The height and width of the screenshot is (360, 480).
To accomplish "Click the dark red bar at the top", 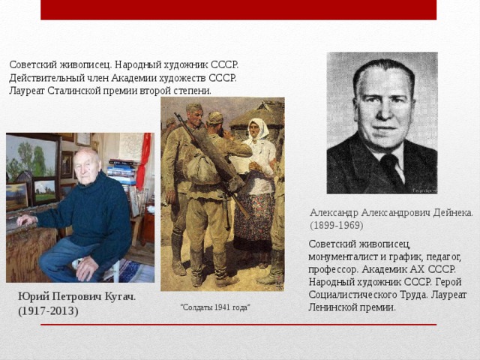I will tap(238, 10).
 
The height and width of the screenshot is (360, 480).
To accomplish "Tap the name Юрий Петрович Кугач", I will tap(77, 297).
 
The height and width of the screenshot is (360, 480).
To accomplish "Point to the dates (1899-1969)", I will tap(336, 225).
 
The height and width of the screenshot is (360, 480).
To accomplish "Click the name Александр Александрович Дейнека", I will tap(391, 212).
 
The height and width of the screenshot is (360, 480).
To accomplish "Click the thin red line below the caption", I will tap(300, 325).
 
